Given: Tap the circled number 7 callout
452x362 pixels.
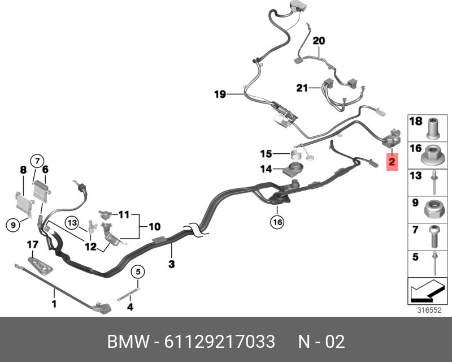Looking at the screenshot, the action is (x=37, y=160).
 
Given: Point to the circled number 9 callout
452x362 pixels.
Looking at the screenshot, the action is (x=11, y=225).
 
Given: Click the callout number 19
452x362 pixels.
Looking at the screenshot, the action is (x=220, y=94).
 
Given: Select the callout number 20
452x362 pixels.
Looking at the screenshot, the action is (x=319, y=41).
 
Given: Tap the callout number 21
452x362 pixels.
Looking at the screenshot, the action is (x=302, y=88).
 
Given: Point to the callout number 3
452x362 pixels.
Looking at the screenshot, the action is (x=172, y=264).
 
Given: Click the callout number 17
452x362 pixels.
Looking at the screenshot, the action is (x=32, y=245).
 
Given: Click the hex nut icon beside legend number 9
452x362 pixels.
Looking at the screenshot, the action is (x=432, y=208).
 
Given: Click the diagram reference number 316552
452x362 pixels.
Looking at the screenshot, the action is (x=429, y=310).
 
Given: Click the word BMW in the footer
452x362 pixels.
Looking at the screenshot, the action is (x=128, y=342).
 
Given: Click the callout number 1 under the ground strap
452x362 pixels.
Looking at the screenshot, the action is (x=54, y=304).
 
